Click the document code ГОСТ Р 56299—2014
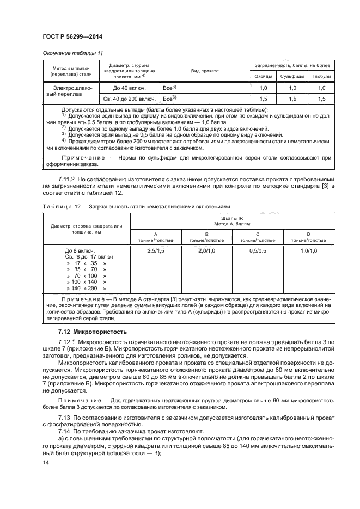click(72, 37)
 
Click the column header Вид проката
click(204, 71)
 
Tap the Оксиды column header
click(264, 76)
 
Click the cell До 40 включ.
click(127, 88)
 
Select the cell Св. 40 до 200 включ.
click(127, 99)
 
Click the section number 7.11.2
click(69, 179)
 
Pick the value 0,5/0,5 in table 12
click(258, 250)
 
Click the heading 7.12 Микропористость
click(93, 331)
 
